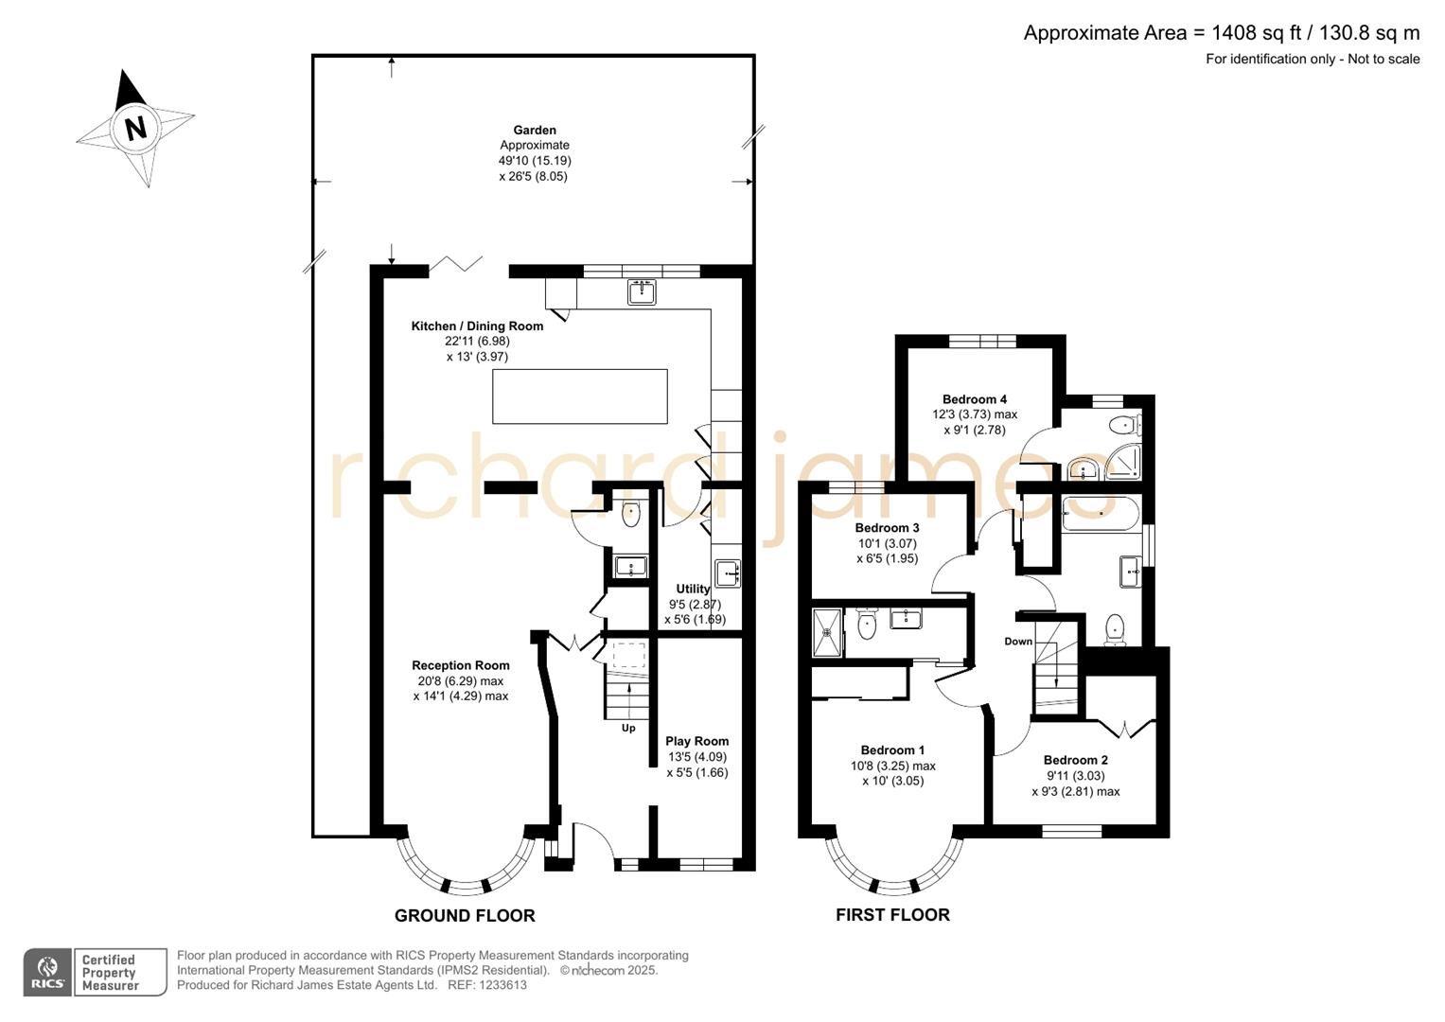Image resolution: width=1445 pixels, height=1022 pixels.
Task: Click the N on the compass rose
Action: point(135,127)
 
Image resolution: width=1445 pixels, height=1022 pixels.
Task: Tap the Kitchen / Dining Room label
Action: point(477,326)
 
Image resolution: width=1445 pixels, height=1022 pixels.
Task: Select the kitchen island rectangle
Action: point(579,396)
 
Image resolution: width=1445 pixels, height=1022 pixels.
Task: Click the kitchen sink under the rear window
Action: point(643,292)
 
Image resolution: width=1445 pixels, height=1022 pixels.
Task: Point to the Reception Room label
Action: point(461,665)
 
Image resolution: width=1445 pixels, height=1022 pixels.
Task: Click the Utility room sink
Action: point(727,573)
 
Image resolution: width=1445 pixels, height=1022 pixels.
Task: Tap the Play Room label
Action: point(696,742)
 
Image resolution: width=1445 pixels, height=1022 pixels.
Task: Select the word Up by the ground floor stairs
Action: point(628,728)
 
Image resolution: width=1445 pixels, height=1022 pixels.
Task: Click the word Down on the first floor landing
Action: point(1018,642)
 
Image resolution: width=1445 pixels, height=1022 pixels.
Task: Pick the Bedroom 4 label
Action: point(975,399)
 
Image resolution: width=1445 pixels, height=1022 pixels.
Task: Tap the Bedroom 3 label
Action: point(887,528)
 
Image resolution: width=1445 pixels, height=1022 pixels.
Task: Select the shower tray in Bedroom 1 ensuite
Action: point(826,631)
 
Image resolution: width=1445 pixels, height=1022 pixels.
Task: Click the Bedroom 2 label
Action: point(1075,760)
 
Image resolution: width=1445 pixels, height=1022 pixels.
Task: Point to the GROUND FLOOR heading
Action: point(465,915)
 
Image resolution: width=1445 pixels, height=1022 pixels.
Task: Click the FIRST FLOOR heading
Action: point(892,914)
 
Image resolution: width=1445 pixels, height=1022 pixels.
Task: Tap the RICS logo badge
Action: point(47,972)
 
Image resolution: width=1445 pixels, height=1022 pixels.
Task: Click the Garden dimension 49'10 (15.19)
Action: point(535,161)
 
